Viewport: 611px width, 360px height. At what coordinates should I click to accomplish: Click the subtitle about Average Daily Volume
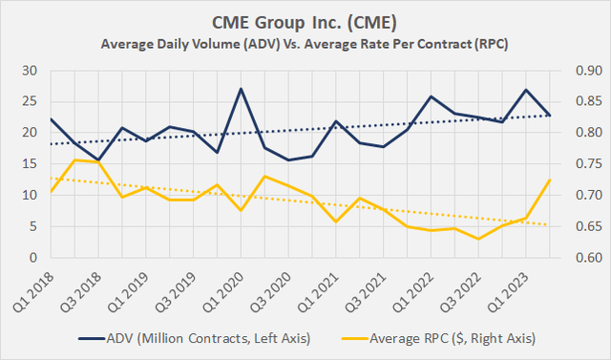point(305,44)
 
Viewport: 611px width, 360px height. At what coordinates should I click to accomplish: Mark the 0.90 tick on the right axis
point(585,71)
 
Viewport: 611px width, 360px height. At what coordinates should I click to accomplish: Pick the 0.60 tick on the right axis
point(585,258)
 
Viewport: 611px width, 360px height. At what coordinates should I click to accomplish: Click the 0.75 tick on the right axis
point(585,164)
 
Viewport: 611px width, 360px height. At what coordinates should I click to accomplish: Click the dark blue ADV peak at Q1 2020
point(241,89)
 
